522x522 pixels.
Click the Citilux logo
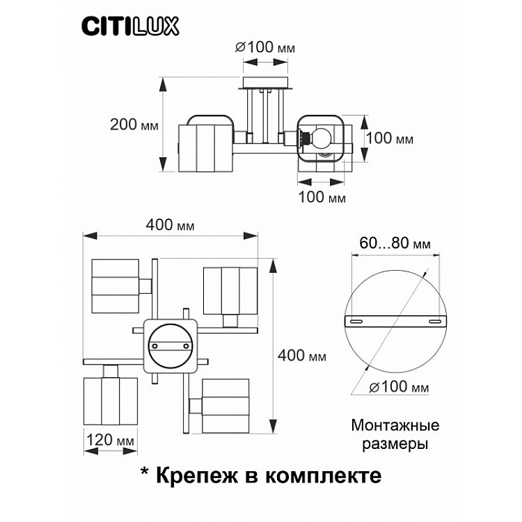click(130, 26)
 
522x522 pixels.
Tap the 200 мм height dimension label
click(134, 125)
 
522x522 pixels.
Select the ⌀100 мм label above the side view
click(265, 47)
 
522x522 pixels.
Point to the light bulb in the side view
click(319, 136)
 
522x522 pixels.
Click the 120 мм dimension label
click(110, 440)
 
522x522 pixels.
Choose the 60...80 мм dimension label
click(395, 243)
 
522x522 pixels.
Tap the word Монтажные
click(395, 425)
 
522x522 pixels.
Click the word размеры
click(395, 444)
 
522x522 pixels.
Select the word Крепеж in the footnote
click(197, 475)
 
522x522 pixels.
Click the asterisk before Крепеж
click(145, 472)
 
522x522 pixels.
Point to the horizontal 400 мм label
click(170, 225)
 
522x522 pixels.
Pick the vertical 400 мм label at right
click(302, 356)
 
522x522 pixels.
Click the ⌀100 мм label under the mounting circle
click(400, 387)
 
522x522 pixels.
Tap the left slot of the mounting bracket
click(356, 322)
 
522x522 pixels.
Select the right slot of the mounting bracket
click(435, 322)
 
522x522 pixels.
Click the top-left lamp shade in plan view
click(115, 286)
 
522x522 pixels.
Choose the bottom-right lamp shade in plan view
click(226, 406)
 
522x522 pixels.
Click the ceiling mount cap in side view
click(265, 83)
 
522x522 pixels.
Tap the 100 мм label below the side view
click(322, 197)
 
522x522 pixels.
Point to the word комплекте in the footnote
click(323, 475)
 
